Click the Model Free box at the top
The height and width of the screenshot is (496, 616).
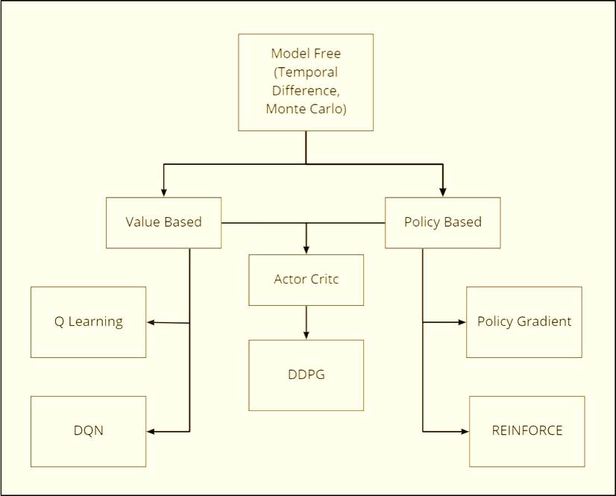(306, 82)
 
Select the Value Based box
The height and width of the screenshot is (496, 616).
(163, 222)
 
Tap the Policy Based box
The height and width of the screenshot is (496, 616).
(442, 222)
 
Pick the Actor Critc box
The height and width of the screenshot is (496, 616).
(306, 280)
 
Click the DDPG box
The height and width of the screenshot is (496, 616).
(306, 375)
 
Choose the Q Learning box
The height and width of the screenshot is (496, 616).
(88, 322)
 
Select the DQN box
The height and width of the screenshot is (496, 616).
(88, 431)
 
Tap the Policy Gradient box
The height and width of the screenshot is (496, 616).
(524, 322)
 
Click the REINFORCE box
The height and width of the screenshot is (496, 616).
(527, 431)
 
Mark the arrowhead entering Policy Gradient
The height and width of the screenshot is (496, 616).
(461, 322)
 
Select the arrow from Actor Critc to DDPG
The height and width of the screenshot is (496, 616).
(306, 322)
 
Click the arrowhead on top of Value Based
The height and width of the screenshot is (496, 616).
(163, 192)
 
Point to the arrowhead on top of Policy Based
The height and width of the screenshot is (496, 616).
(442, 192)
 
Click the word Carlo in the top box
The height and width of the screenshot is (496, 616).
(329, 109)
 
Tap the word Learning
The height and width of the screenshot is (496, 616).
(95, 322)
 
